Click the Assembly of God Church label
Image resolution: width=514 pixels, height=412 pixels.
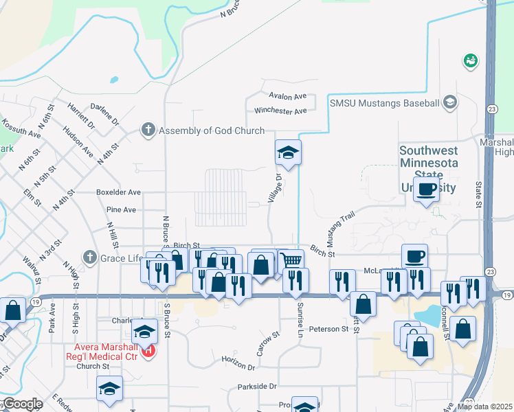click(x=212, y=130)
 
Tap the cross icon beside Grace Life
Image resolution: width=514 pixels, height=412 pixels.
click(x=89, y=257)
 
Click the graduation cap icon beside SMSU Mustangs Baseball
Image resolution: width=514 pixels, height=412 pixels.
click(x=450, y=103)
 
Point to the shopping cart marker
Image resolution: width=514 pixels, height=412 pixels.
click(x=291, y=260)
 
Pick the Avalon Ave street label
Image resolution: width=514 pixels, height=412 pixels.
click(x=288, y=97)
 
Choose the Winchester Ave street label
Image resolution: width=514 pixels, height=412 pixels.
click(x=280, y=111)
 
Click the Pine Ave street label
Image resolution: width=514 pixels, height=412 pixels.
click(x=122, y=209)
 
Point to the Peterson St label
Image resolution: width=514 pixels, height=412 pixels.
click(x=329, y=329)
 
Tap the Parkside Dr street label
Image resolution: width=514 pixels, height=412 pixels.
click(x=256, y=387)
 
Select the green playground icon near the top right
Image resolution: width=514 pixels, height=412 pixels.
click(x=471, y=61)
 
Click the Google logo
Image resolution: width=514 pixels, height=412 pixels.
click(x=22, y=404)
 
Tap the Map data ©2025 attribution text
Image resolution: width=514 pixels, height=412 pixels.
click(x=484, y=407)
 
